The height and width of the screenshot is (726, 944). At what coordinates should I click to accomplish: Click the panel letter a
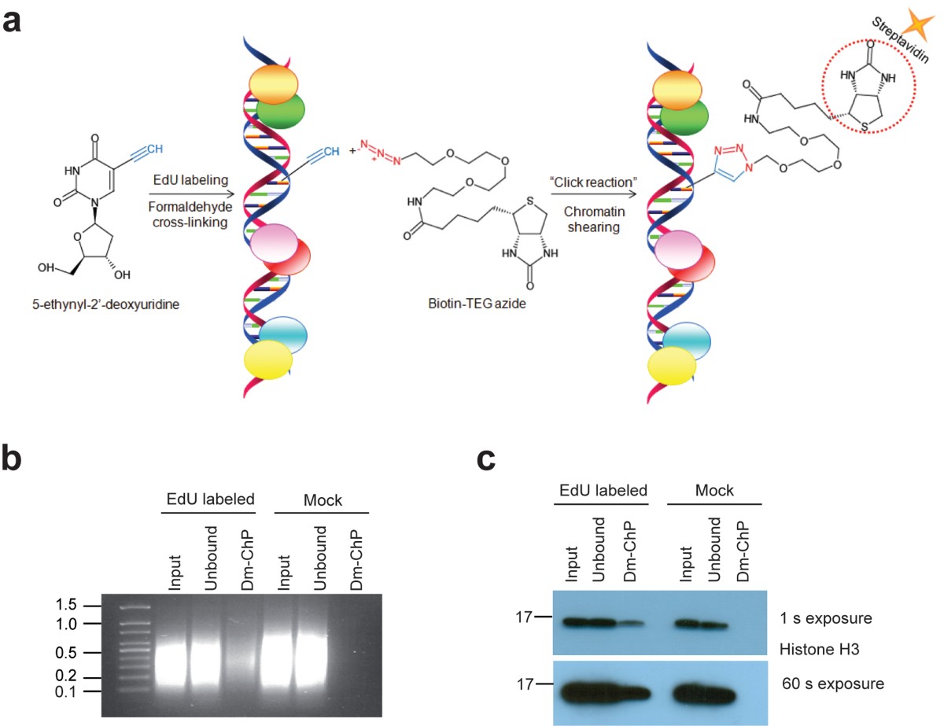(x=13, y=19)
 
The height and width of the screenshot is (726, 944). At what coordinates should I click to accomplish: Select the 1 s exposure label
(x=825, y=617)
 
